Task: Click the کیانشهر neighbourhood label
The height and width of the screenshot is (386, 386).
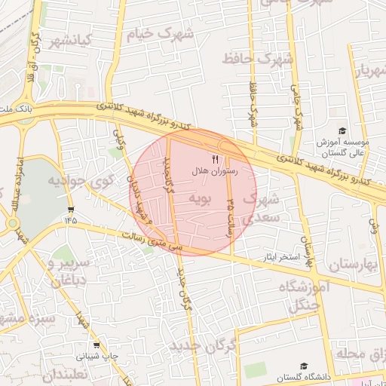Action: point(69,40)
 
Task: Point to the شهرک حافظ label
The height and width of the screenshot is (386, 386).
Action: point(257,57)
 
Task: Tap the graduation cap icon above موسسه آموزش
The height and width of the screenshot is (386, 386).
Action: point(343,131)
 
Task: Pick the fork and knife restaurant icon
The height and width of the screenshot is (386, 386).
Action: point(215,159)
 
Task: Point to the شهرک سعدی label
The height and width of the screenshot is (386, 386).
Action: point(263,208)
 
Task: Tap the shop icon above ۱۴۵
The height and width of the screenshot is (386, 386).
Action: point(70,209)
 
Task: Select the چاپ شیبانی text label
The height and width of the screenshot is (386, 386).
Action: point(96,356)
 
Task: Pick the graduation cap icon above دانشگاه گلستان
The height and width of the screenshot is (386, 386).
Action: point(304,365)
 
